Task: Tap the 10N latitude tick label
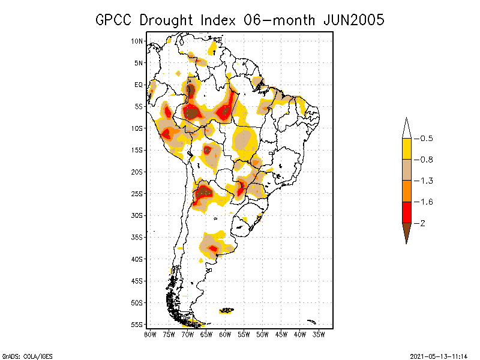tap(137, 41)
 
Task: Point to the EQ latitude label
tap(139, 85)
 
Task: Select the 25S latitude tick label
tap(137, 194)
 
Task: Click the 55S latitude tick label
tap(137, 325)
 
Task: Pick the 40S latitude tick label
tap(137, 259)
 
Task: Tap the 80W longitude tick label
tap(150, 334)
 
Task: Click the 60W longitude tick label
tap(225, 334)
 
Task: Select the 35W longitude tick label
tap(319, 334)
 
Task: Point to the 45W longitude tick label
tap(281, 334)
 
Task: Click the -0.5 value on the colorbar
tap(426, 139)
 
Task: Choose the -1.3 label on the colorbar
tap(426, 181)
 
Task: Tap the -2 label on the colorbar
tap(423, 223)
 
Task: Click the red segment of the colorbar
tap(407, 212)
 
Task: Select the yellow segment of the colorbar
tap(407, 149)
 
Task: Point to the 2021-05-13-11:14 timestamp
tap(438, 355)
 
